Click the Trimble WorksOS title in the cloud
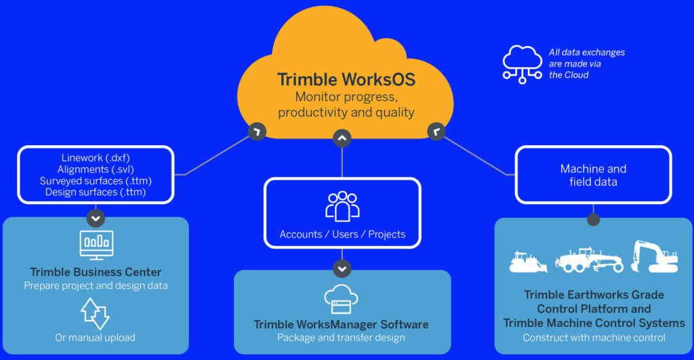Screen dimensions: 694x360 (x=346, y=80)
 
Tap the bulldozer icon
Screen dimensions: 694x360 (x=528, y=262)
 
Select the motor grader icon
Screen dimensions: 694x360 (x=589, y=260)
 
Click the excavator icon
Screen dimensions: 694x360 (x=654, y=256)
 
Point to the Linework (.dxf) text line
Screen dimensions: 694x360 (x=96, y=158)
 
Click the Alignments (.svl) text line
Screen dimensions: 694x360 (x=96, y=169)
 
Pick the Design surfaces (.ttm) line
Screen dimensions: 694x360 (x=96, y=192)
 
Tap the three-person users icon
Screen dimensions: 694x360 (x=342, y=206)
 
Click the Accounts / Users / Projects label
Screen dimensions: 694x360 (x=342, y=235)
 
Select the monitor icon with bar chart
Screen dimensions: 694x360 (x=96, y=245)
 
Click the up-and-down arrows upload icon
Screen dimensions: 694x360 (x=95, y=313)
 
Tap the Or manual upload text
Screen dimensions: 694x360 (x=95, y=338)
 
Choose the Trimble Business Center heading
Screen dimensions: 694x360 (x=96, y=272)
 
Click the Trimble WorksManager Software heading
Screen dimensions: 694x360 (x=342, y=325)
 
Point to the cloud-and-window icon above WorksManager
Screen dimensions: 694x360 (x=341, y=300)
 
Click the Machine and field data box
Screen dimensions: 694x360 (x=593, y=175)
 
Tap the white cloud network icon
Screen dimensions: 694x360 (x=523, y=64)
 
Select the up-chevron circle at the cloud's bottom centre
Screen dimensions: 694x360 (x=342, y=138)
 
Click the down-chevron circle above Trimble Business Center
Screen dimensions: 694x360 (x=96, y=218)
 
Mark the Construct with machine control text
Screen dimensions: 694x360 (x=594, y=338)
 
